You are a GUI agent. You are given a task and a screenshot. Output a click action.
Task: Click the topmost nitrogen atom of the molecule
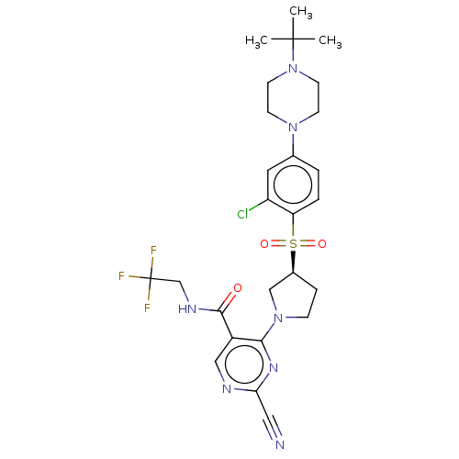click(x=293, y=68)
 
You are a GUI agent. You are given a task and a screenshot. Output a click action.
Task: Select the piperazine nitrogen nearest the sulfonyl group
click(x=293, y=127)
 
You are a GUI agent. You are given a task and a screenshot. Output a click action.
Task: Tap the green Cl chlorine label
click(x=243, y=215)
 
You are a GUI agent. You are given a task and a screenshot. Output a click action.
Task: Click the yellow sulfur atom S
click(x=293, y=243)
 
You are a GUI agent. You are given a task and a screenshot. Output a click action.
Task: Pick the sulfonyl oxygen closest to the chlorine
click(x=264, y=243)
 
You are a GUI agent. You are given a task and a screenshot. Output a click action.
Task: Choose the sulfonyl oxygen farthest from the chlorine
click(x=322, y=243)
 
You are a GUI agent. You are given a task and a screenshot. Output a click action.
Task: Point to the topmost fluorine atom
click(x=153, y=251)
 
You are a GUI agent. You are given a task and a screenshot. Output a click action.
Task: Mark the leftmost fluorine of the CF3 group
click(x=121, y=275)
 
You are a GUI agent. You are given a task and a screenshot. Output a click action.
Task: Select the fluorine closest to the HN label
click(x=147, y=308)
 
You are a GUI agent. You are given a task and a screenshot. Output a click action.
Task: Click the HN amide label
click(x=187, y=309)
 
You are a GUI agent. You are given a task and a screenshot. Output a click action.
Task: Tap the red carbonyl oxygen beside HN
click(x=238, y=288)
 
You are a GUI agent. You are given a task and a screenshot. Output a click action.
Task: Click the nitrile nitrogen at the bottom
click(x=280, y=444)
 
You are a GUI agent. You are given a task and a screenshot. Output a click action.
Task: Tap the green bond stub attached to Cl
click(x=254, y=208)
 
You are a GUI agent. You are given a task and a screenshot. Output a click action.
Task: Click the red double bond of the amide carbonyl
click(x=229, y=298)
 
